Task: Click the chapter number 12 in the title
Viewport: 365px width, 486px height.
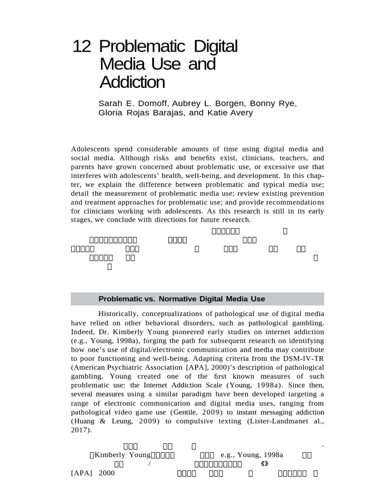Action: [81, 47]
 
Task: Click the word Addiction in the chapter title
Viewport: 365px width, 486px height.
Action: [132, 82]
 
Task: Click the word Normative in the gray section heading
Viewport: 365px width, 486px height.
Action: [180, 299]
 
